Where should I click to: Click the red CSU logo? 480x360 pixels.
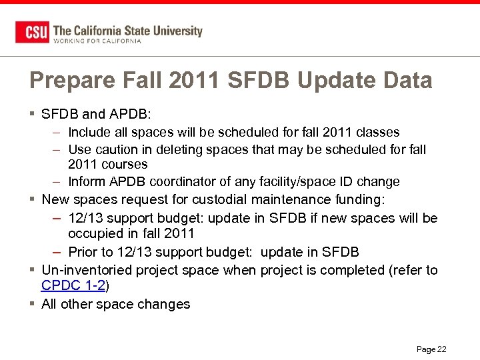(x=32, y=32)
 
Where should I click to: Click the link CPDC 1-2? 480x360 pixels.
(x=73, y=286)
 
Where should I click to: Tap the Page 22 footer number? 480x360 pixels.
(x=431, y=349)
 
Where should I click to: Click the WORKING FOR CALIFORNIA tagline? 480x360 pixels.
(x=97, y=41)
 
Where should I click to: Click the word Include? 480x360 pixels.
(x=89, y=132)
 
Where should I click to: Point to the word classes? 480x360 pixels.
(x=377, y=132)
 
